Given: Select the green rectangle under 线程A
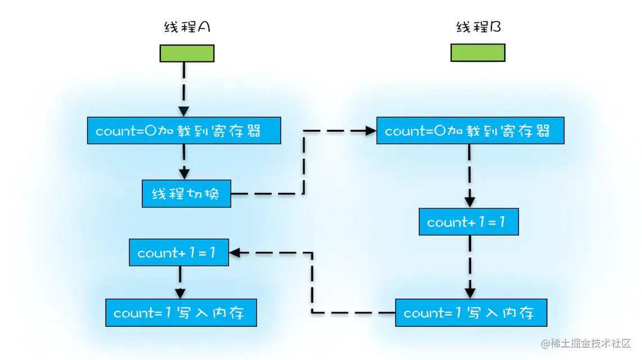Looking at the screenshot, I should coord(187,53).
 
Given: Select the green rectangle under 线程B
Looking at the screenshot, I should coord(478,53).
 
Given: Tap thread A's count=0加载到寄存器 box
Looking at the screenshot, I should coord(184,131).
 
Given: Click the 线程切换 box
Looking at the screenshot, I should coord(186,194).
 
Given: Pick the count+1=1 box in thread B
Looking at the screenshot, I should coord(468,222).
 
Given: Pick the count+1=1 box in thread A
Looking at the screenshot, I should coord(179,253).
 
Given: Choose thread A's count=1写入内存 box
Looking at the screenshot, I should coord(181,313).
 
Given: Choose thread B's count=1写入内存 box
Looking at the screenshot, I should coord(471,313).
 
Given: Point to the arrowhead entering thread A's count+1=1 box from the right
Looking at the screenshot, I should coord(234,253).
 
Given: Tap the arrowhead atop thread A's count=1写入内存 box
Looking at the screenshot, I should coord(180,294).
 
